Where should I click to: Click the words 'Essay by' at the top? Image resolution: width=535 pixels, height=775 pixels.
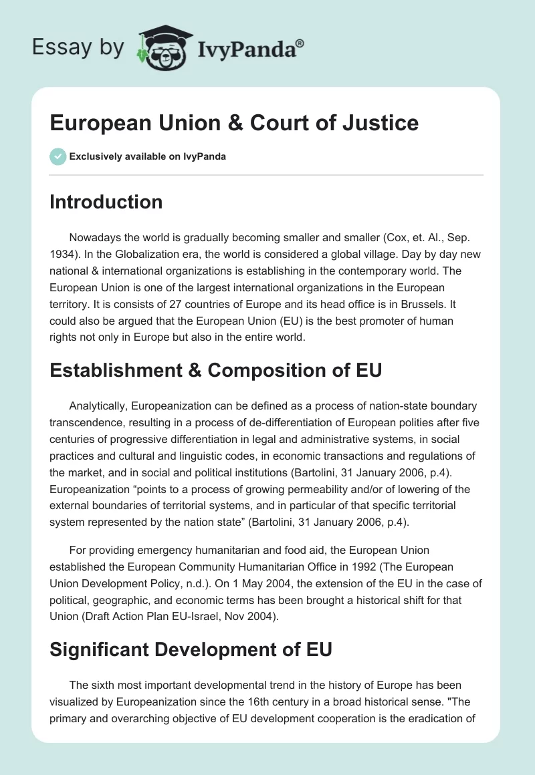pos(78,48)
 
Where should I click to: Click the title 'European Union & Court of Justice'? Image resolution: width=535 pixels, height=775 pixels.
pos(234,123)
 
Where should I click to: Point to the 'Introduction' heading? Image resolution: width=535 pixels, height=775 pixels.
pos(106,202)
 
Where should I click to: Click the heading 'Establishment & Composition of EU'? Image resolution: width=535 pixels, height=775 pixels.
pos(215,369)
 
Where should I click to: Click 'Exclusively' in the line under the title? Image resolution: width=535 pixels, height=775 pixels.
pos(94,156)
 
